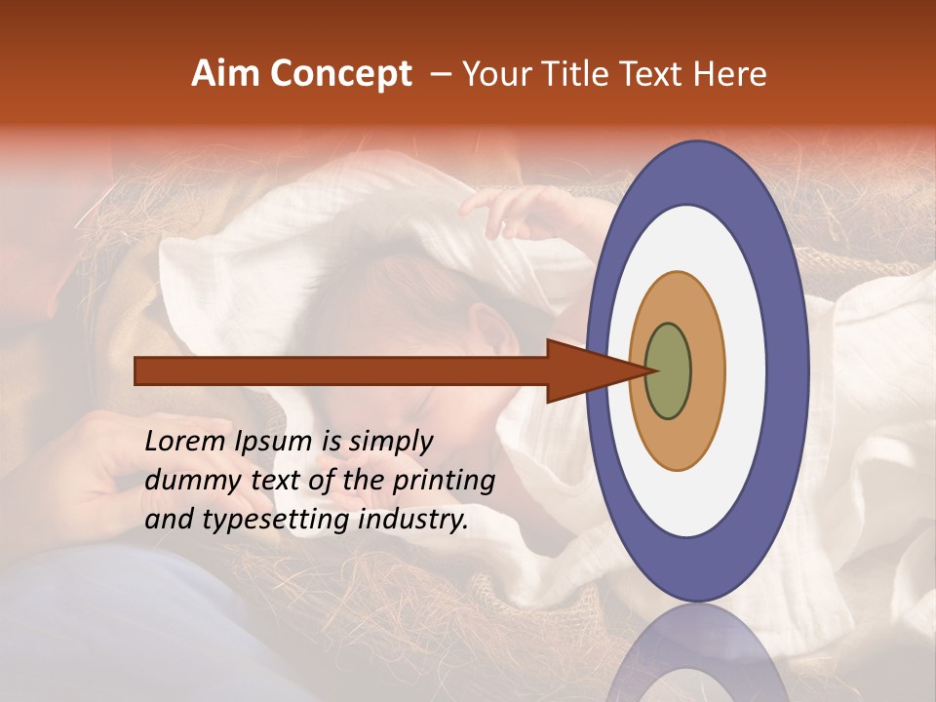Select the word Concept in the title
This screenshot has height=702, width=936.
339,74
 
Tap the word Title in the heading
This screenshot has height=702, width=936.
585,74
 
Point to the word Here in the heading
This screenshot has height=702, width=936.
730,74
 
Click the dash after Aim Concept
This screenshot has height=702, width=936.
440,75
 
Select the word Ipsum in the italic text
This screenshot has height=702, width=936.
274,442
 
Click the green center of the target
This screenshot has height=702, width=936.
668,370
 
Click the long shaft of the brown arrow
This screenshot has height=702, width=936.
341,370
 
